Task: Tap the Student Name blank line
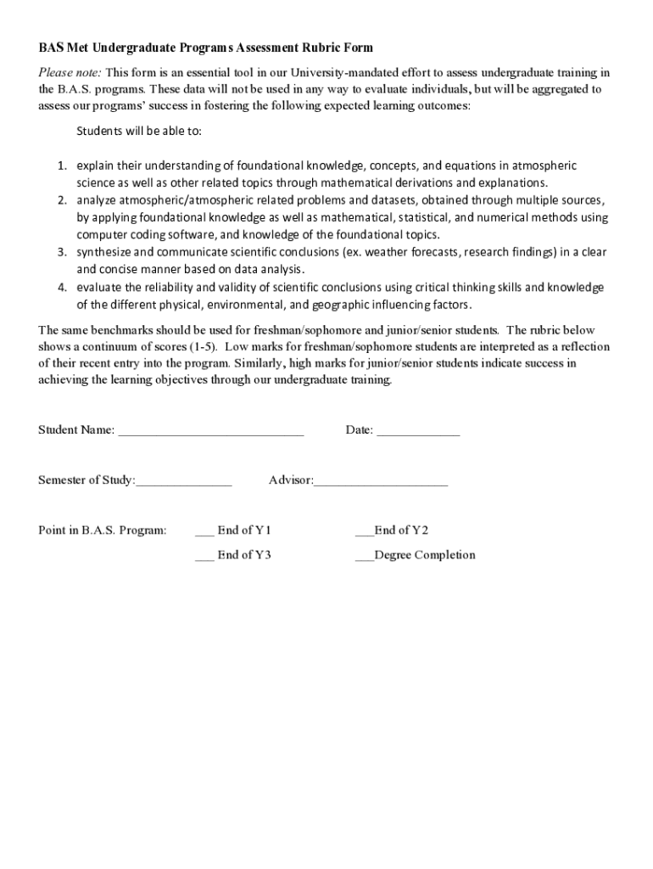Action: (x=210, y=432)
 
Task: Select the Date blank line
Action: (x=418, y=432)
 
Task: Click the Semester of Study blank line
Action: (x=183, y=483)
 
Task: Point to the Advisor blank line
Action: (x=381, y=483)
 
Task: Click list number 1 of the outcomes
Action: (x=63, y=166)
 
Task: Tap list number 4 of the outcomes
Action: (x=63, y=288)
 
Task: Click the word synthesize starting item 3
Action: (x=104, y=253)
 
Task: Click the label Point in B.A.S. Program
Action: (x=103, y=530)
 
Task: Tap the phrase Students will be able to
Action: (x=139, y=132)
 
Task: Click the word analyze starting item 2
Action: (x=97, y=201)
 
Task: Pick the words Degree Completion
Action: (x=425, y=555)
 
